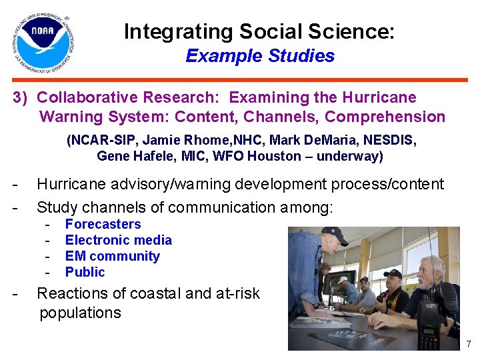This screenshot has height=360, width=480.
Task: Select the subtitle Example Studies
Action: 259,56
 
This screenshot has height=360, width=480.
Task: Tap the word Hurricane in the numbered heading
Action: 379,97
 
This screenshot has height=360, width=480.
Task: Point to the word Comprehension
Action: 385,117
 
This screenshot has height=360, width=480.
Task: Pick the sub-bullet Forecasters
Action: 103,225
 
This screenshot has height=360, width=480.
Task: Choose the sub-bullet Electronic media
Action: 118,241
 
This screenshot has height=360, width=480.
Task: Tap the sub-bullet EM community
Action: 112,257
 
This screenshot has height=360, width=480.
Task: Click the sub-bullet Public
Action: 85,273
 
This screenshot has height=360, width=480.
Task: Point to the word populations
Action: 80,313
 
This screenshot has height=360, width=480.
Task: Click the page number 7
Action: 468,345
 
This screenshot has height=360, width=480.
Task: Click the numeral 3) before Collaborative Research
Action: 21,98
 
